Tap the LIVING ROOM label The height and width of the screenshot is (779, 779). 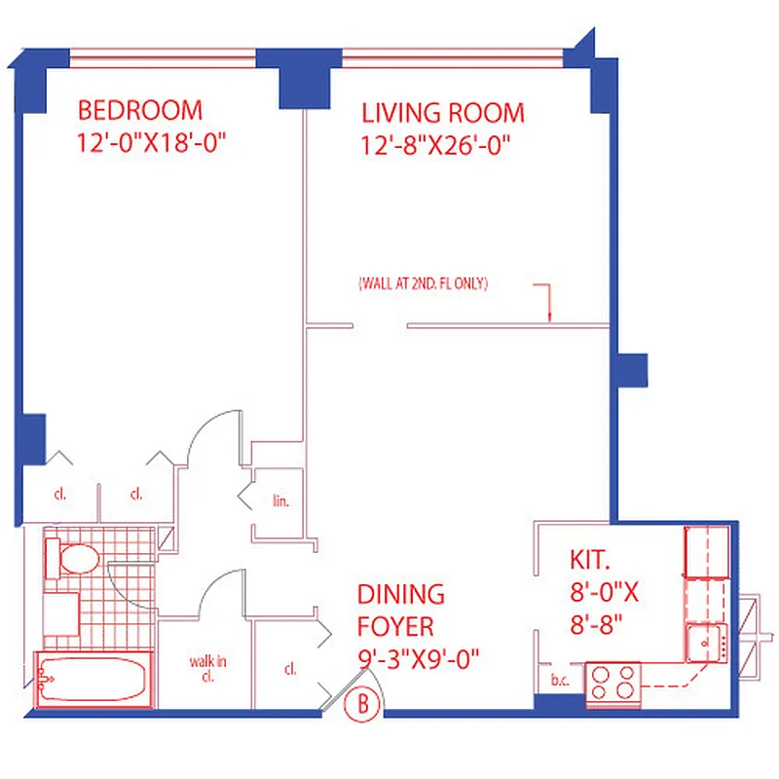(442, 112)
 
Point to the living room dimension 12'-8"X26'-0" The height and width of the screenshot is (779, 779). (436, 146)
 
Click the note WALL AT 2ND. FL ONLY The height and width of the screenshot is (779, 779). (423, 284)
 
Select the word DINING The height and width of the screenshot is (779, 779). (400, 594)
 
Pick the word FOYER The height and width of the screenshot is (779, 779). (395, 626)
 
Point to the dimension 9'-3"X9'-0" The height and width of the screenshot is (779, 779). (419, 659)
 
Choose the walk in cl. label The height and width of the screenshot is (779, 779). (207, 670)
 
